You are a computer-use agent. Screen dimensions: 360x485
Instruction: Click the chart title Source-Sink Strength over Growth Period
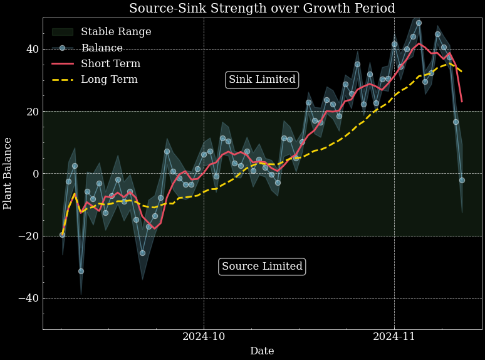point(262,9)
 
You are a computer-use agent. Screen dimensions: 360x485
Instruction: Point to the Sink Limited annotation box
point(262,80)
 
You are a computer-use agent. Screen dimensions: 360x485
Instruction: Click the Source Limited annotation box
point(262,267)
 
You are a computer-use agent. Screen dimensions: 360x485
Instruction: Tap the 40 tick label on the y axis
point(32,50)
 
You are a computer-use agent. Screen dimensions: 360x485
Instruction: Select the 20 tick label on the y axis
point(32,112)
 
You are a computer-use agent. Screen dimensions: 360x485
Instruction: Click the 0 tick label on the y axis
point(35,174)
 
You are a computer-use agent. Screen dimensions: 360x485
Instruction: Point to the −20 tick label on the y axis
point(28,236)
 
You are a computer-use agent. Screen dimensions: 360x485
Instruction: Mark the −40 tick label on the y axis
point(28,298)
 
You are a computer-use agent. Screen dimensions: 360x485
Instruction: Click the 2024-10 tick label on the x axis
point(204,337)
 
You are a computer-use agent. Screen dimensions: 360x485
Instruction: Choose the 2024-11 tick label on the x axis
point(394,337)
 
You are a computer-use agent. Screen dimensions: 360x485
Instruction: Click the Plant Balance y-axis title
point(8,173)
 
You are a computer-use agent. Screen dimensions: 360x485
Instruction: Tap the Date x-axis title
point(262,351)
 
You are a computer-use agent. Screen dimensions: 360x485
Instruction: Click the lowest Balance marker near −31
point(81,271)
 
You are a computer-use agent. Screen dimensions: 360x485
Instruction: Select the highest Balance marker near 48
point(419,23)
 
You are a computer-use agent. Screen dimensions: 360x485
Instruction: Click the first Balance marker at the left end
point(62,235)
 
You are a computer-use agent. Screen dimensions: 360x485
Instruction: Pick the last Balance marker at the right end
point(462,180)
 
